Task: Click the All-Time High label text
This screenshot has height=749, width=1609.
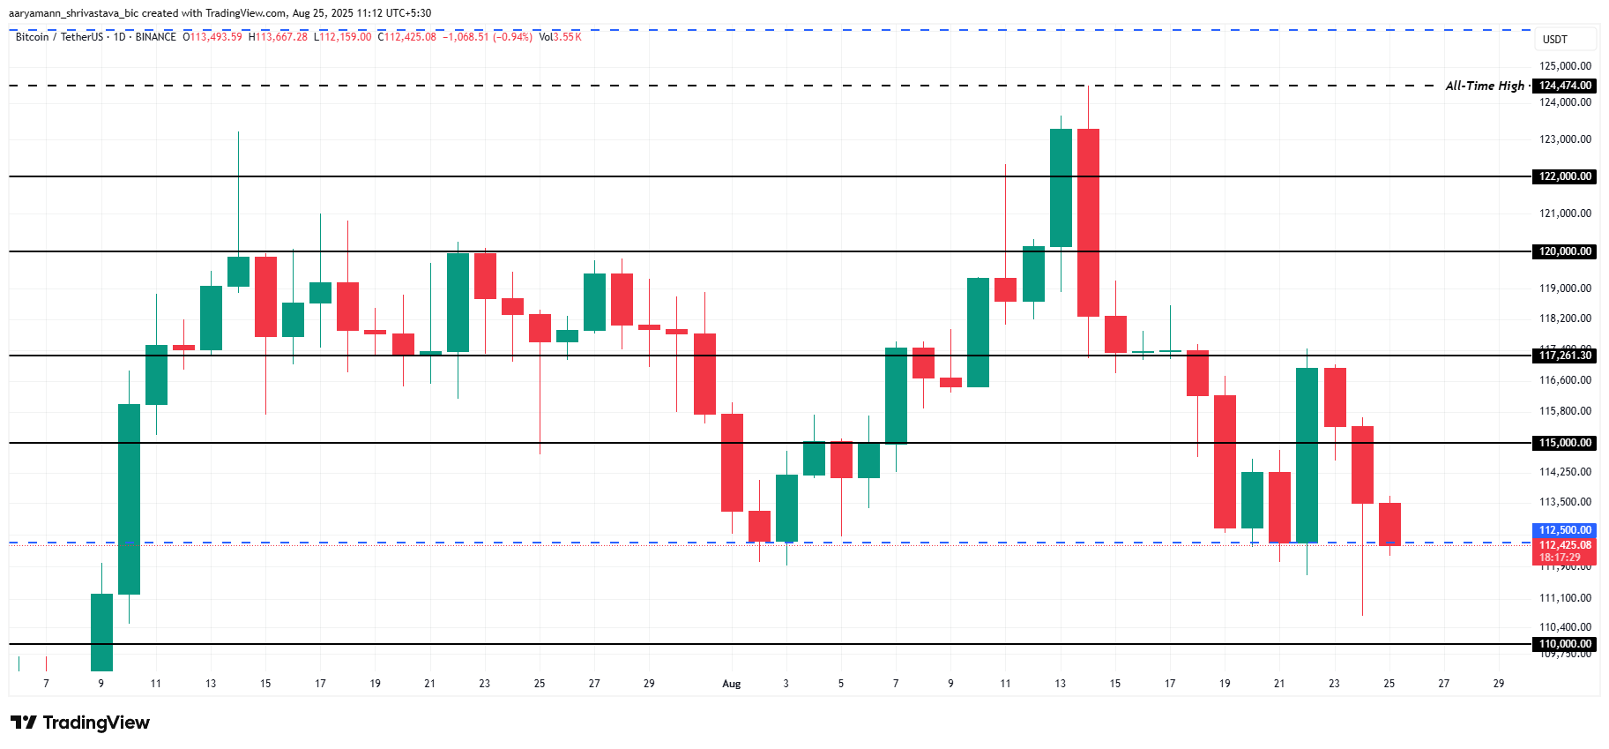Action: (1485, 86)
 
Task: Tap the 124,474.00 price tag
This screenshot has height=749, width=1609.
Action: (1565, 86)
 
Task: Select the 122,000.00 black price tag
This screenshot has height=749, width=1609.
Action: (1565, 176)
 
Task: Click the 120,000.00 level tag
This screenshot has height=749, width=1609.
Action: (1565, 251)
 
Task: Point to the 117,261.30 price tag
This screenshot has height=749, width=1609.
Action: (1565, 356)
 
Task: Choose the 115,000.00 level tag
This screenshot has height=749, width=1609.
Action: (1565, 443)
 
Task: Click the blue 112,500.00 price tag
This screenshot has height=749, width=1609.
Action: (1565, 530)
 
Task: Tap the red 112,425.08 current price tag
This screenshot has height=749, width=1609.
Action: (1565, 545)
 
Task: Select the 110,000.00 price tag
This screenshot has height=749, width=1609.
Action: (1565, 644)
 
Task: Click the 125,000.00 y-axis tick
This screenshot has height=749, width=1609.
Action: (1565, 66)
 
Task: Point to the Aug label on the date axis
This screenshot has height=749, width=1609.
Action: (731, 684)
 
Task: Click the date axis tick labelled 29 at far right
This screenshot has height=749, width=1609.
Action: (1498, 684)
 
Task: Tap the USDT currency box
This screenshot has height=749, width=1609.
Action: (1555, 40)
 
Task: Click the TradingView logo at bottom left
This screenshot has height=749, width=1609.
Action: (80, 723)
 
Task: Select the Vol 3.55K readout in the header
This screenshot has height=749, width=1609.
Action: (560, 37)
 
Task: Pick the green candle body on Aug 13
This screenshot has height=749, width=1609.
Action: (1061, 188)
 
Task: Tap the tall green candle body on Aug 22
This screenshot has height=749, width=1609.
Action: (1307, 454)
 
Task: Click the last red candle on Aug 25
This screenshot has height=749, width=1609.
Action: (1389, 524)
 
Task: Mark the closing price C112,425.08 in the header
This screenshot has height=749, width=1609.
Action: (406, 37)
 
